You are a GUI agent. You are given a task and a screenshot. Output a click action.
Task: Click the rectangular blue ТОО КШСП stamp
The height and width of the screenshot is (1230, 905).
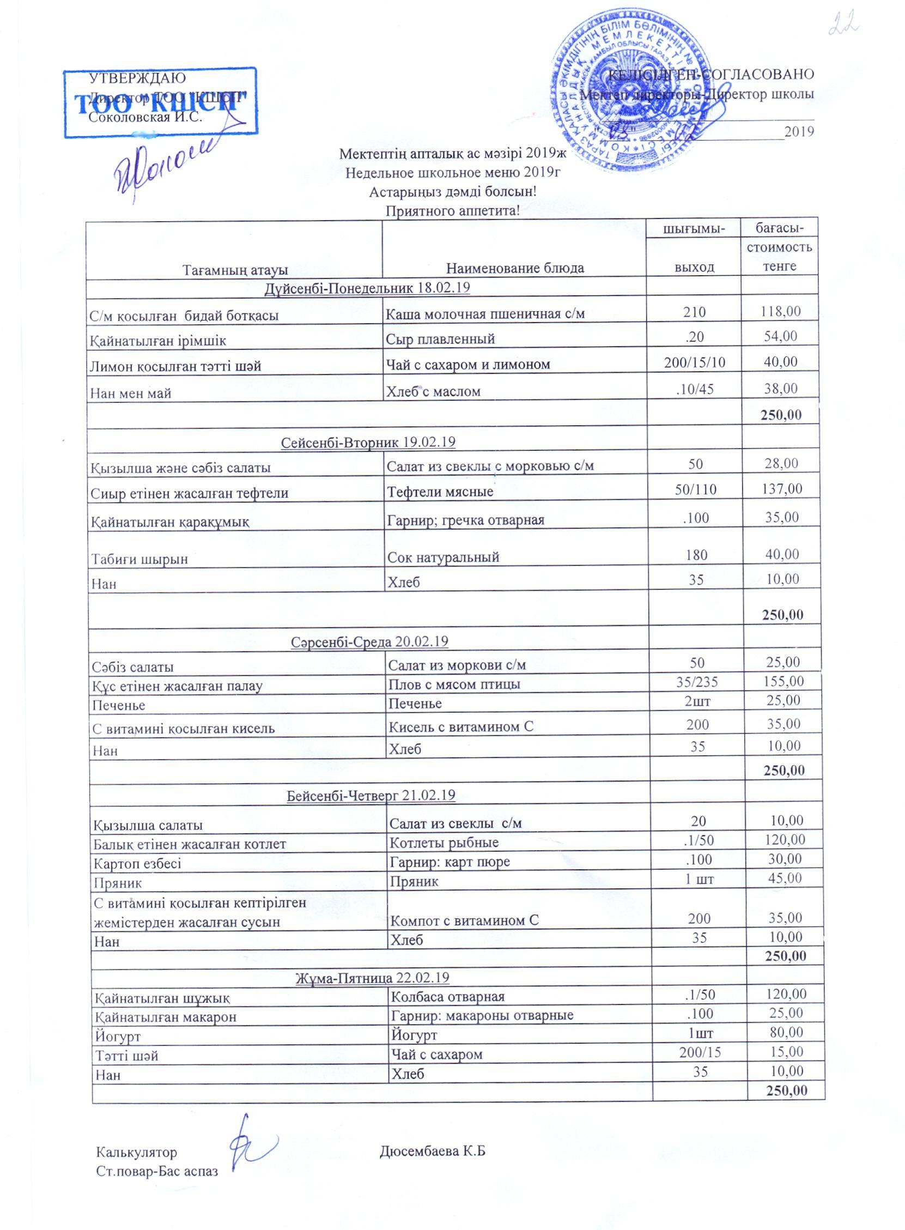coord(160,102)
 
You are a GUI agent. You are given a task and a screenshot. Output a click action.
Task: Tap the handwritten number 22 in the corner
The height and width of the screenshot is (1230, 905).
coord(844,23)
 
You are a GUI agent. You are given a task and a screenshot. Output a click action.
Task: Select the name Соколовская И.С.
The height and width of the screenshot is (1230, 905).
coord(145,117)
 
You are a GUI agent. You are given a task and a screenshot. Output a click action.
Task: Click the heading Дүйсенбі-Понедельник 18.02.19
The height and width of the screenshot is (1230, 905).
coord(367,288)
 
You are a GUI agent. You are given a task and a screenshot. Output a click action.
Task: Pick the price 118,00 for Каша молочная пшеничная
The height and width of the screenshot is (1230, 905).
coord(780,312)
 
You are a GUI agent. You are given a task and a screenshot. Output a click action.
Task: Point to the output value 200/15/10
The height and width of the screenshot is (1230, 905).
coord(694,363)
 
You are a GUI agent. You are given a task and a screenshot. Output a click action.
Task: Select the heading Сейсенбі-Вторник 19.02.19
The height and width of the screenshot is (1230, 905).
coord(368,442)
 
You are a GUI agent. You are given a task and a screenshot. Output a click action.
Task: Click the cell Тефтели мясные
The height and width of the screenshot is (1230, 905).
coord(440,492)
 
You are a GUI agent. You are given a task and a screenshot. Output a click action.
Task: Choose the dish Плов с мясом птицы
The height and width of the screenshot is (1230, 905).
coord(454,684)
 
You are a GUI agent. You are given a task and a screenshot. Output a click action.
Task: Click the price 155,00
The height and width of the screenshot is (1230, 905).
coord(783,681)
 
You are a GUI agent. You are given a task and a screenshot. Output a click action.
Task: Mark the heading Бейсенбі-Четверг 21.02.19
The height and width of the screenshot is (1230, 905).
coord(371,795)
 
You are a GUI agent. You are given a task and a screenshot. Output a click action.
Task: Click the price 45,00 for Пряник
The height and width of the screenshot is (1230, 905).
coord(785,878)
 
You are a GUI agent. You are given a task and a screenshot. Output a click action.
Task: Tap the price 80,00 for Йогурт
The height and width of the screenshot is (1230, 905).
coord(786,1032)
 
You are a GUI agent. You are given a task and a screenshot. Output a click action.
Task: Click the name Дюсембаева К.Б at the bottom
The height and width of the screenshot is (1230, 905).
coord(433,1151)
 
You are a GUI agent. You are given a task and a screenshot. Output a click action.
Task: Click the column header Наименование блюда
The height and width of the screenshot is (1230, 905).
coord(514,268)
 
